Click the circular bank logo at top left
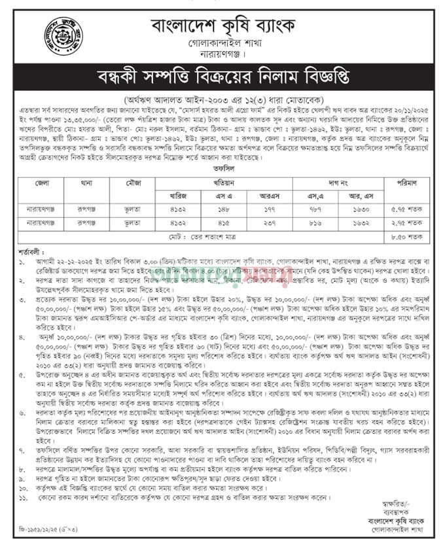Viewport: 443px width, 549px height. tap(63, 36)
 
